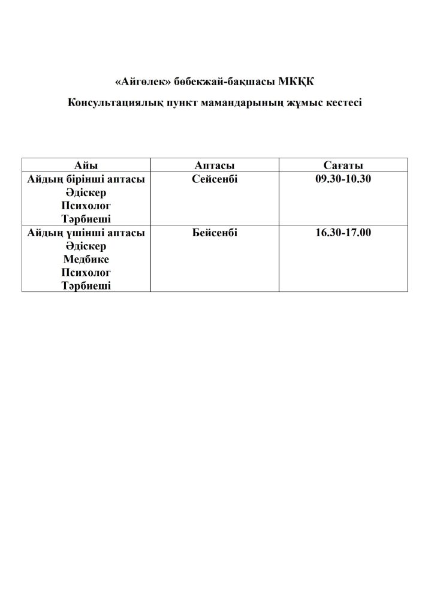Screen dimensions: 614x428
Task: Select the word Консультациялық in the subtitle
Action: [x=115, y=103]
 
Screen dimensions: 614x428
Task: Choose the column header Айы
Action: [x=86, y=165]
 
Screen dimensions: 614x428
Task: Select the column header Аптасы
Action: [x=214, y=165]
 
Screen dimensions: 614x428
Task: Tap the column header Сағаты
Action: [x=343, y=165]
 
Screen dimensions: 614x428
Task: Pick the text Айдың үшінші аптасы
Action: [x=86, y=233]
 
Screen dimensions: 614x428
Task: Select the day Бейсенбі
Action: [x=215, y=233]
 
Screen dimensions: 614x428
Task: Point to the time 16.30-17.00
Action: [x=343, y=233]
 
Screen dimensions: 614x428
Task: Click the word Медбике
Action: [x=86, y=260]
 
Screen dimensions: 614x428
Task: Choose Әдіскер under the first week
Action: [x=86, y=192]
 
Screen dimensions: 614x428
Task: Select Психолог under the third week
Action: [x=86, y=273]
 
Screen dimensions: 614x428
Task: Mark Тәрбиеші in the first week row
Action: [x=86, y=219]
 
